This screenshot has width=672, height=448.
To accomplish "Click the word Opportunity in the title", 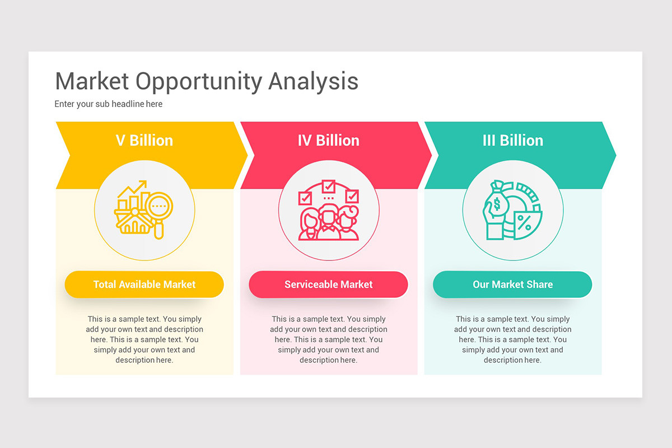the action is click(199, 82).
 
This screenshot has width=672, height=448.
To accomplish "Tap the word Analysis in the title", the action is click(313, 82).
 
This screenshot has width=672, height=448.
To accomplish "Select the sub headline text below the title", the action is click(108, 104).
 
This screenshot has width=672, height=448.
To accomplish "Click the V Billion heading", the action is click(144, 141).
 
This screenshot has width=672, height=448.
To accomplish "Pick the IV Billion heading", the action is click(329, 141).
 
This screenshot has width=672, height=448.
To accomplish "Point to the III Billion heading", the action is click(513, 141).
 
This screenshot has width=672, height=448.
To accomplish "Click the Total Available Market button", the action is click(144, 284).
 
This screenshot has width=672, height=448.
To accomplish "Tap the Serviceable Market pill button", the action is click(329, 284).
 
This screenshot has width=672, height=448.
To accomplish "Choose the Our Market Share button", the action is click(512, 284).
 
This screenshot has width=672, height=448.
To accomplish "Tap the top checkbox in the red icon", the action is click(329, 186).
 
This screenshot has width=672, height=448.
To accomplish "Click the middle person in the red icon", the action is click(329, 222).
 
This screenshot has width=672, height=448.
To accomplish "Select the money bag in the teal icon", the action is click(497, 202).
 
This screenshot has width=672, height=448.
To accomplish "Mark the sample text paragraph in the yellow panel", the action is click(144, 339).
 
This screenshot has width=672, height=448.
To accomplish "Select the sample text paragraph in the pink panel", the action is click(329, 339).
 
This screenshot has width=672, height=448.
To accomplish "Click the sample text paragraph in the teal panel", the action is click(512, 339).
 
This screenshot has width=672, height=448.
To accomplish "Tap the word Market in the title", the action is click(92, 81).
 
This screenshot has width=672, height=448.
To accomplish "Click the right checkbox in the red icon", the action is click(352, 197).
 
